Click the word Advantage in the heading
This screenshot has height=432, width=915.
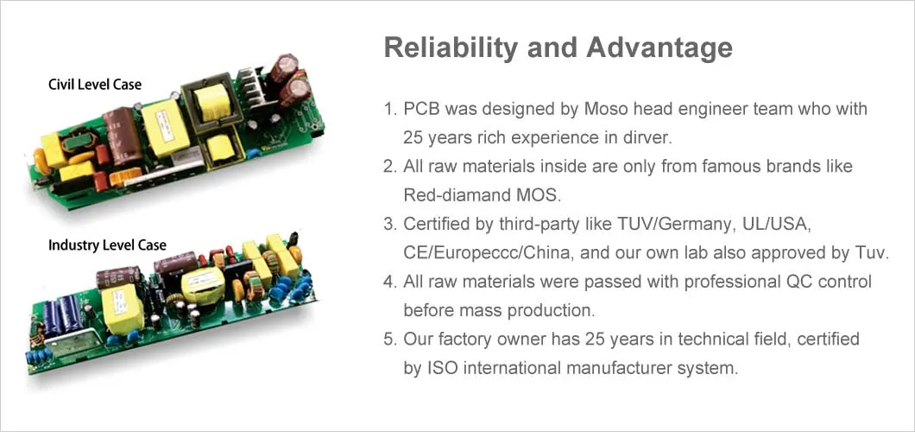pos(659,48)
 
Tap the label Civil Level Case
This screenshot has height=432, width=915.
pos(95,85)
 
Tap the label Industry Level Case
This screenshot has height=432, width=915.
pos(107,245)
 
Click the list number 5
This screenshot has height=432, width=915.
pos(388,340)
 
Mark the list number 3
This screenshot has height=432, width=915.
pos(388,224)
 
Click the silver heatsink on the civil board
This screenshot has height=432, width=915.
pos(253,87)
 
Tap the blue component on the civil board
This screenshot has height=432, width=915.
pos(253,154)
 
